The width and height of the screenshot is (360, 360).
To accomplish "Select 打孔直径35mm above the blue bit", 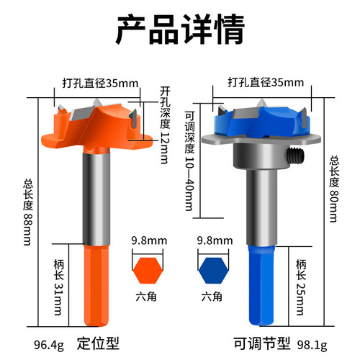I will [256, 82].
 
